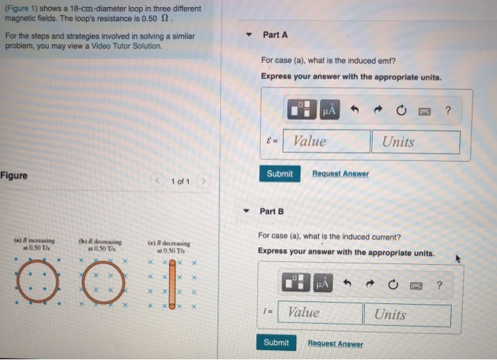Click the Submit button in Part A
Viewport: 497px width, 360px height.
click(280, 174)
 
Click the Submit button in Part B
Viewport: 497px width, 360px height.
click(276, 343)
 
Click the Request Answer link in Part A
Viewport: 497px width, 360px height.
click(340, 174)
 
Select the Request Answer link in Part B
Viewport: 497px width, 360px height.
click(335, 344)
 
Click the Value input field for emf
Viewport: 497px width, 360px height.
click(327, 141)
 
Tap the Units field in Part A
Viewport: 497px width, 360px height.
click(415, 141)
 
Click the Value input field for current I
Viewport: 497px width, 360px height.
click(319, 313)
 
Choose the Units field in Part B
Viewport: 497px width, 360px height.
click(407, 315)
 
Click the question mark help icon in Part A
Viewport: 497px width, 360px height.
click(447, 111)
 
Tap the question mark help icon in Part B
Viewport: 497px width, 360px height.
click(439, 285)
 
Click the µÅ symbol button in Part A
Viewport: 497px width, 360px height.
click(329, 111)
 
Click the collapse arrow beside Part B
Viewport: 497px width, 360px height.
click(246, 212)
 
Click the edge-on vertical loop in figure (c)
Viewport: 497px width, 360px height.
click(171, 284)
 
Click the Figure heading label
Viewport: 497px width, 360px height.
click(14, 175)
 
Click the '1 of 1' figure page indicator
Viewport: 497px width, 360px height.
click(180, 182)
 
